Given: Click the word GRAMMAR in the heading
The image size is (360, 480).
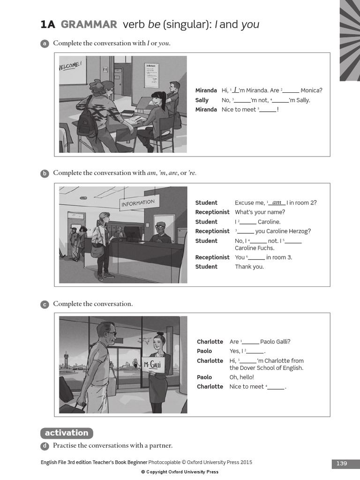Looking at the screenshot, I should click(89, 25).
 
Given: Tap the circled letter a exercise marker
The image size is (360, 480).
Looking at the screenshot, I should click(45, 44).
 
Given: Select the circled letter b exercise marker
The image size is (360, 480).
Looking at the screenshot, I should click(45, 173).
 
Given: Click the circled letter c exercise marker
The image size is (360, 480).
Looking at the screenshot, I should click(45, 304).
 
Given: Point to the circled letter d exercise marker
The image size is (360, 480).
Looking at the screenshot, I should click(45, 446).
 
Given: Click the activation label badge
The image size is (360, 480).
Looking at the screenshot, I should click(67, 433).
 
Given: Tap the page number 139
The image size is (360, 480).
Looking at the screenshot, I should click(342, 464).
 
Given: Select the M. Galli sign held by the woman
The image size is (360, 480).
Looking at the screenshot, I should click(153, 365).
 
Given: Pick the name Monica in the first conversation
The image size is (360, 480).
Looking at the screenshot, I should click(311, 90).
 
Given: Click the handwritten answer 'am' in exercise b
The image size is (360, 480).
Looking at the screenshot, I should click(277, 202).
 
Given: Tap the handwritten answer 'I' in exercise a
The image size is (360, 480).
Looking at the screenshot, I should click(235, 90).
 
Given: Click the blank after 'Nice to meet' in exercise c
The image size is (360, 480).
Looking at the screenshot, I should click(276, 387).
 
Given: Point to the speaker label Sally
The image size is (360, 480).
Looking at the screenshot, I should click(202, 100).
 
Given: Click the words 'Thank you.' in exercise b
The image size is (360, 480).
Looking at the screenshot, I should click(249, 267).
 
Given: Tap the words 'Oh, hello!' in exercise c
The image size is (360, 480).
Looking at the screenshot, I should click(241, 377).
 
